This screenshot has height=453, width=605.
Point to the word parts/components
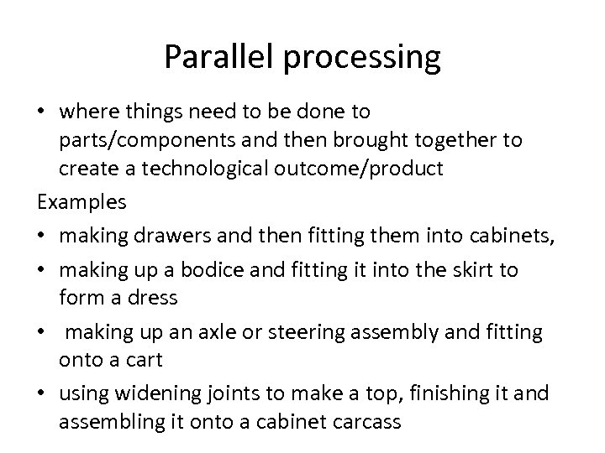tap(148, 140)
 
